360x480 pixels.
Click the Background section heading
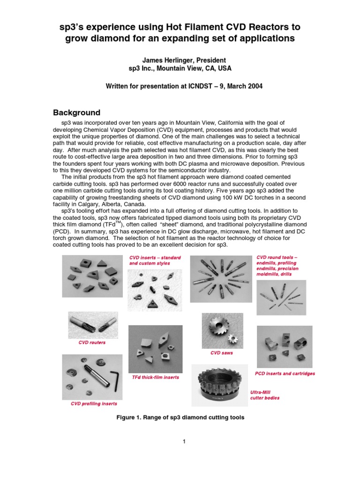click(76, 113)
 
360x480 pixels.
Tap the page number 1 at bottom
click(185, 442)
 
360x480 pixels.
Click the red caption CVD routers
click(92, 343)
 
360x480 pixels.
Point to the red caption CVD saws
click(221, 353)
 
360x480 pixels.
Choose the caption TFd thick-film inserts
click(155, 377)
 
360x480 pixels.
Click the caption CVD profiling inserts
click(94, 404)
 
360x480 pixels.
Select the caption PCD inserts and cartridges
click(285, 374)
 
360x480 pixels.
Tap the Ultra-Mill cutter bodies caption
click(264, 395)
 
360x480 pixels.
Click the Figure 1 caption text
click(180, 417)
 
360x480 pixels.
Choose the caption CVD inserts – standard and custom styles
click(155, 261)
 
